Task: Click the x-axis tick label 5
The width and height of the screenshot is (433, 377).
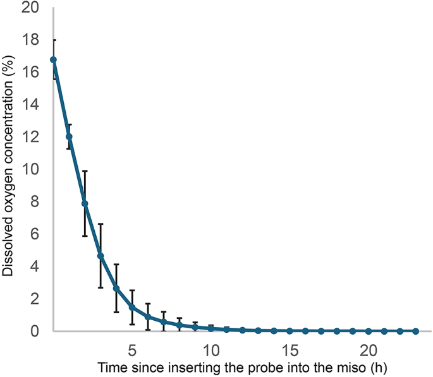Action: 132,349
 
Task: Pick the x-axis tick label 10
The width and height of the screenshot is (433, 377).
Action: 211,349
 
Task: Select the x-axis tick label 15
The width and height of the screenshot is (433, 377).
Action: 290,349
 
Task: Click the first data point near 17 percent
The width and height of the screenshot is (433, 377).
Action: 54,60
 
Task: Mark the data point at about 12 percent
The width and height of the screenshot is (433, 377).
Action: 69,136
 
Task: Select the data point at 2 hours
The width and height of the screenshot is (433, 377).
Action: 85,203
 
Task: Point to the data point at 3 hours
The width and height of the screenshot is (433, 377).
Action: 101,256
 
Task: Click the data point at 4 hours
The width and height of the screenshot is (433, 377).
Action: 116,289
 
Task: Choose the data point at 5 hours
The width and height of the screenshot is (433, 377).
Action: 132,307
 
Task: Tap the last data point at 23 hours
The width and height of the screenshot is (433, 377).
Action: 415,331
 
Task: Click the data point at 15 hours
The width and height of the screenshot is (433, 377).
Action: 290,331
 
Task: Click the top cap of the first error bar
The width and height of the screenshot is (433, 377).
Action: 54,40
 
